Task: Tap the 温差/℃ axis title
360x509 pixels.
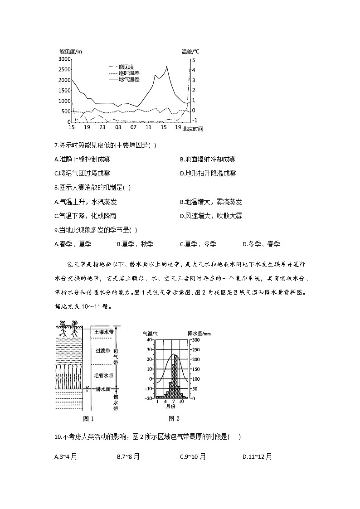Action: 190,52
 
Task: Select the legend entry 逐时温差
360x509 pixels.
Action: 129,73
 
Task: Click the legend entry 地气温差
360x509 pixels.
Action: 129,79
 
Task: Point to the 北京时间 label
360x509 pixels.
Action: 193,129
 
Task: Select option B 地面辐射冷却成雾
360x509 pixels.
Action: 207,160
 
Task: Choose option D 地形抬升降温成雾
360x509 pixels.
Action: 207,173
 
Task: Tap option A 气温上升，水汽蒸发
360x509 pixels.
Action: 85,202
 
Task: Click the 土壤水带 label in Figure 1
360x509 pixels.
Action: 103,332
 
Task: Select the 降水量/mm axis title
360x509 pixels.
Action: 199,334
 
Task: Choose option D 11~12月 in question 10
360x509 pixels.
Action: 257,457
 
